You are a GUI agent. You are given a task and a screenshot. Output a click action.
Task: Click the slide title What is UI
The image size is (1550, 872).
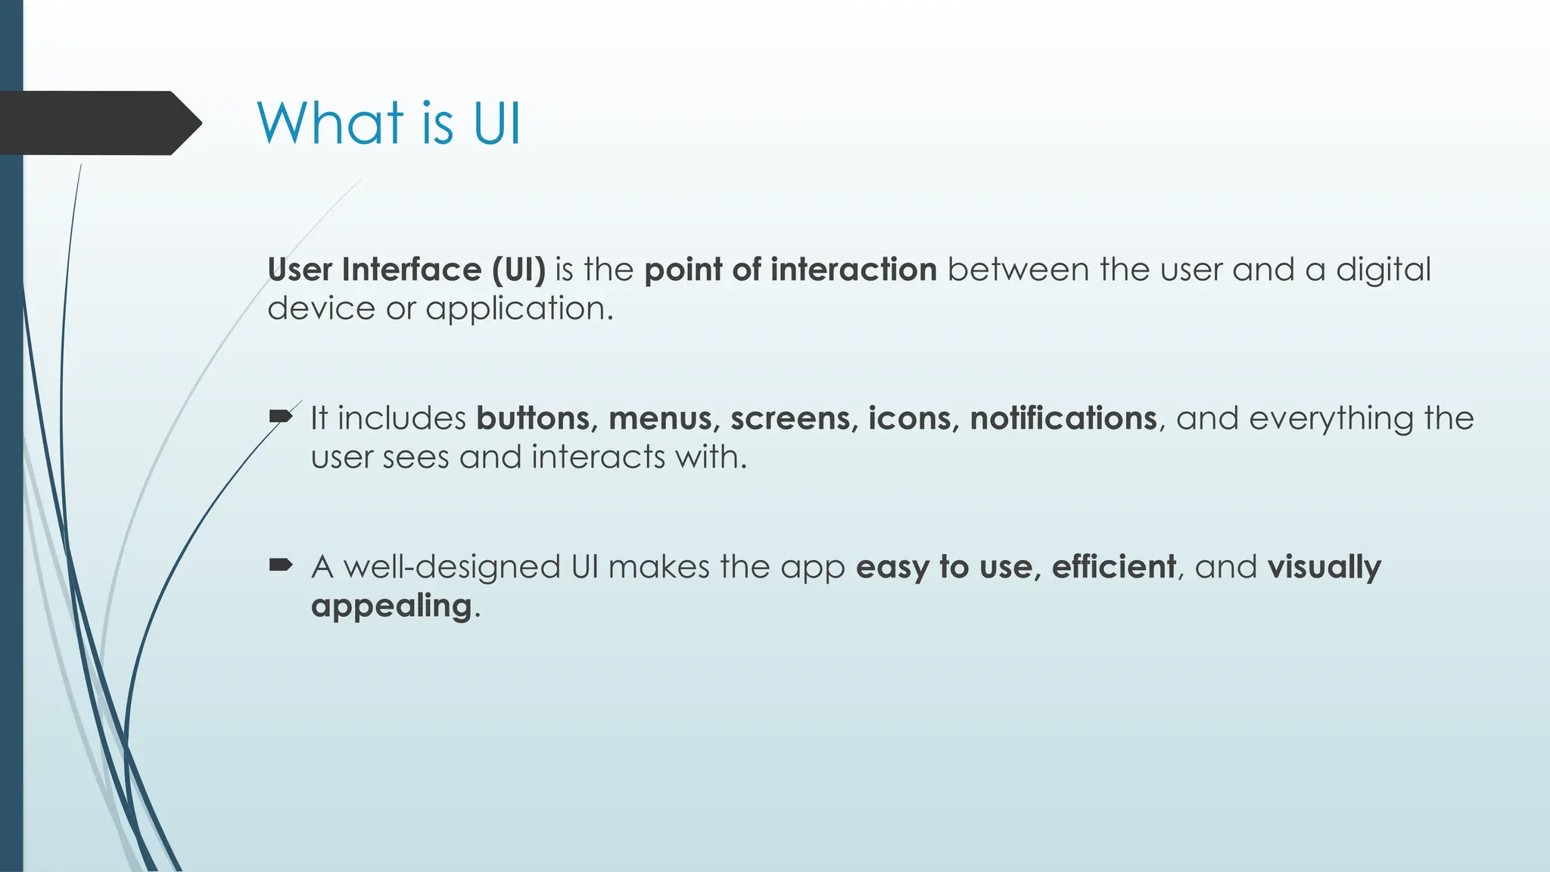point(389,123)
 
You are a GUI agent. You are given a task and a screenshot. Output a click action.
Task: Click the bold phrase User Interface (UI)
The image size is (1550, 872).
point(406,270)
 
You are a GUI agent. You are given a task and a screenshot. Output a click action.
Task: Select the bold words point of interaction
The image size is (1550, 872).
point(790,270)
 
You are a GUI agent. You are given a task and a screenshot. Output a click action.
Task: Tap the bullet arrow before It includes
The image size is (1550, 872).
point(281,416)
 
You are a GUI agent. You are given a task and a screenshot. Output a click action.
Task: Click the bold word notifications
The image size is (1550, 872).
point(1063,419)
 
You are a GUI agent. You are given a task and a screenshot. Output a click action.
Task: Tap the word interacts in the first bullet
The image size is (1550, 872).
point(598,457)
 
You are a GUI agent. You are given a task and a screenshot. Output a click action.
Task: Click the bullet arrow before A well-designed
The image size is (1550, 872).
point(281,565)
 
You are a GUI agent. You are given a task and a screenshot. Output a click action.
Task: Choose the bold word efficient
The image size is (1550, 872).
point(1113,567)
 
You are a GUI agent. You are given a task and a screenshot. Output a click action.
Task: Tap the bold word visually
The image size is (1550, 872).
point(1324,568)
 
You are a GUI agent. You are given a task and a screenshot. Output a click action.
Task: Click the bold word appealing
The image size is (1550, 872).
point(391,606)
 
